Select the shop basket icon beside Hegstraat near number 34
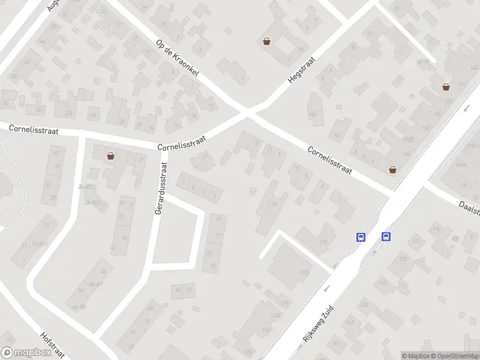coord(266,41)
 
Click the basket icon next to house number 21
coord(111,157)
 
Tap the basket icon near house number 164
coord(393,169)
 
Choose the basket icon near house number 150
coord(446,86)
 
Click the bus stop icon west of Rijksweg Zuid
coord(361,237)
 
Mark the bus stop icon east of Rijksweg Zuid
coord(386,236)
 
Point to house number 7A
coord(274,204)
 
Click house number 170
coord(323,242)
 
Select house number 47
coord(57,153)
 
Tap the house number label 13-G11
coord(41,243)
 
